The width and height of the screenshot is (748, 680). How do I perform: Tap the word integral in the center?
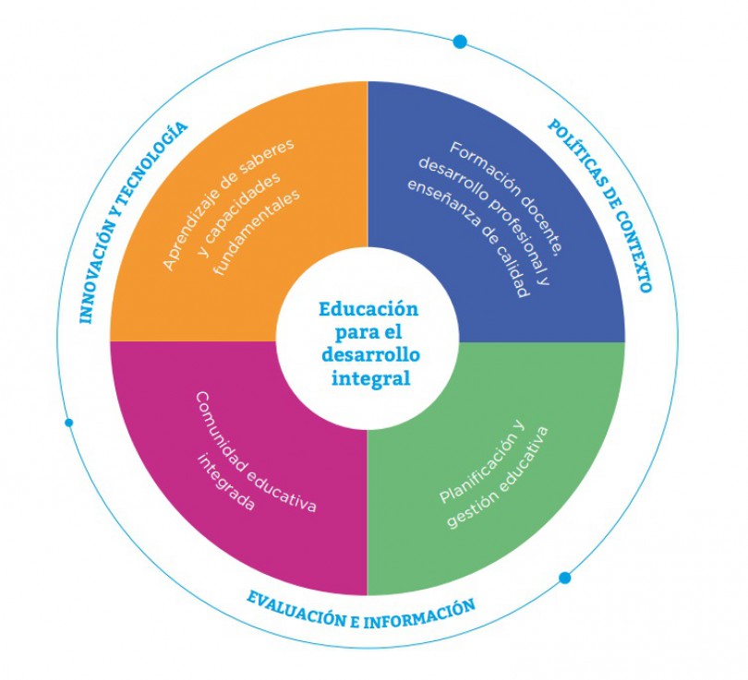368,377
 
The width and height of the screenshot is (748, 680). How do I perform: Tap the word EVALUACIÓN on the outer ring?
296,609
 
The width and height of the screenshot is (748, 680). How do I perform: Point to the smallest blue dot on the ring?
68,423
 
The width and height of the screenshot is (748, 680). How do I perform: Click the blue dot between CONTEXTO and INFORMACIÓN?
564,578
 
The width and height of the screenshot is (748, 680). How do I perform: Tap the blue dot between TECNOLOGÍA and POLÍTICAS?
460,42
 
